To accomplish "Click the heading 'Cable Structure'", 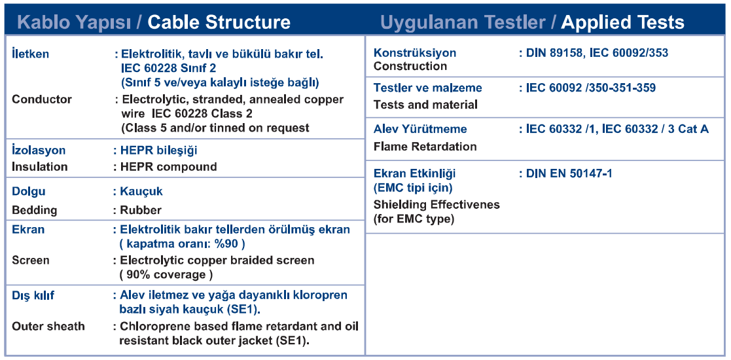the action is [x=219, y=22].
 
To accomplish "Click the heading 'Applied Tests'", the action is [x=623, y=22].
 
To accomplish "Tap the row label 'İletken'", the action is [x=30, y=54].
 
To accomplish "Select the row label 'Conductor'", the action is [x=42, y=99].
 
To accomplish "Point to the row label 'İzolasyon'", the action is [x=39, y=150].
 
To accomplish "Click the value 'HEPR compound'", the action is [x=169, y=166].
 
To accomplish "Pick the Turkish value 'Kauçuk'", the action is [x=142, y=191].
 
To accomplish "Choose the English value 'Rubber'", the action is [x=141, y=210].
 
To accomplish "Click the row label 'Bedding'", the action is [x=35, y=210].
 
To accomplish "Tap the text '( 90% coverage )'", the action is [x=166, y=275].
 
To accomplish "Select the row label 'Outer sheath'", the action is [x=48, y=326].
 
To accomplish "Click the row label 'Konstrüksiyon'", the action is [x=415, y=53].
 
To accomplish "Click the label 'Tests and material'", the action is [x=425, y=105].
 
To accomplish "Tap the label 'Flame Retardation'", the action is [x=425, y=147].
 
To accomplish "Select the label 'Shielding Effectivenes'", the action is [x=437, y=204].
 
